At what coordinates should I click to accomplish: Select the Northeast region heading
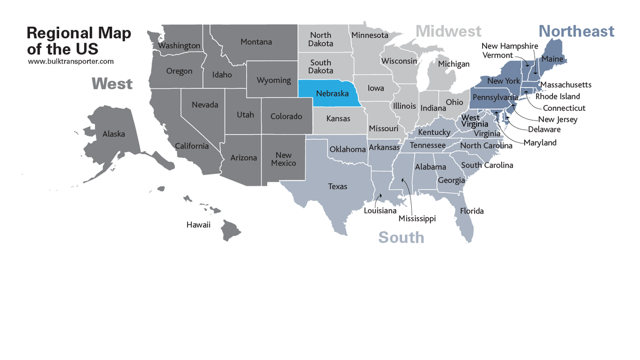point(576,31)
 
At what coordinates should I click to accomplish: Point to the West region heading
point(112,84)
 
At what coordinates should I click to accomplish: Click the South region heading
point(401,237)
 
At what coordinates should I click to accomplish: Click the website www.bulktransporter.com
point(71,61)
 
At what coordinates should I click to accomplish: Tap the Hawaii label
point(198,225)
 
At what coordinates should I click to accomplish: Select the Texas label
point(338,186)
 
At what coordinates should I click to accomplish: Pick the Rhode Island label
point(557,97)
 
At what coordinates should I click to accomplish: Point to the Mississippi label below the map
point(417,219)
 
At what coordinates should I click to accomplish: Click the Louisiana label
point(380,211)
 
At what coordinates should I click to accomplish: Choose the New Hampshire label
point(509,46)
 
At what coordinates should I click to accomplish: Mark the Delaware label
point(544,130)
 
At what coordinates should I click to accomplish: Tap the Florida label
point(472,211)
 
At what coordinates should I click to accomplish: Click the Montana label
point(256,42)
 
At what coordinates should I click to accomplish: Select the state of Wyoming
point(274,81)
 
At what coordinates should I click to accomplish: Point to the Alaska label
point(114,134)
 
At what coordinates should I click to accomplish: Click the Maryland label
point(540,142)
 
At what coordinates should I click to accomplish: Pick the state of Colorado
point(286,116)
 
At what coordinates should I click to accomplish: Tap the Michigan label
point(453,64)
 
